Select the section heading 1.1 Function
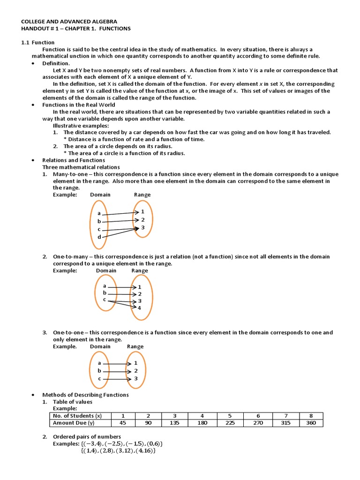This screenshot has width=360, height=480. click(38, 42)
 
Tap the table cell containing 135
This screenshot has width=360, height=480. click(174, 423)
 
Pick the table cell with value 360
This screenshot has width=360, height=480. click(312, 423)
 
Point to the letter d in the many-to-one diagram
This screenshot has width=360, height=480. click(99, 237)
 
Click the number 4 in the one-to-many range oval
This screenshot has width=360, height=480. click(139, 307)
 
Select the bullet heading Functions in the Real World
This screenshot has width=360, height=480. click(79, 105)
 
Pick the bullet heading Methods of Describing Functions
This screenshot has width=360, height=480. click(85, 395)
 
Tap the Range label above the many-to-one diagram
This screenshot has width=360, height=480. click(142, 195)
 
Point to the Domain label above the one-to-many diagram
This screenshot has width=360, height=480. click(106, 270)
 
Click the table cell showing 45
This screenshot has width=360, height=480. click(123, 423)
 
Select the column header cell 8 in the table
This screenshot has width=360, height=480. click(312, 416)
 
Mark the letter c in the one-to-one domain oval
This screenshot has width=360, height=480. click(99, 378)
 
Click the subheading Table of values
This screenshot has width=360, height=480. click(73, 402)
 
